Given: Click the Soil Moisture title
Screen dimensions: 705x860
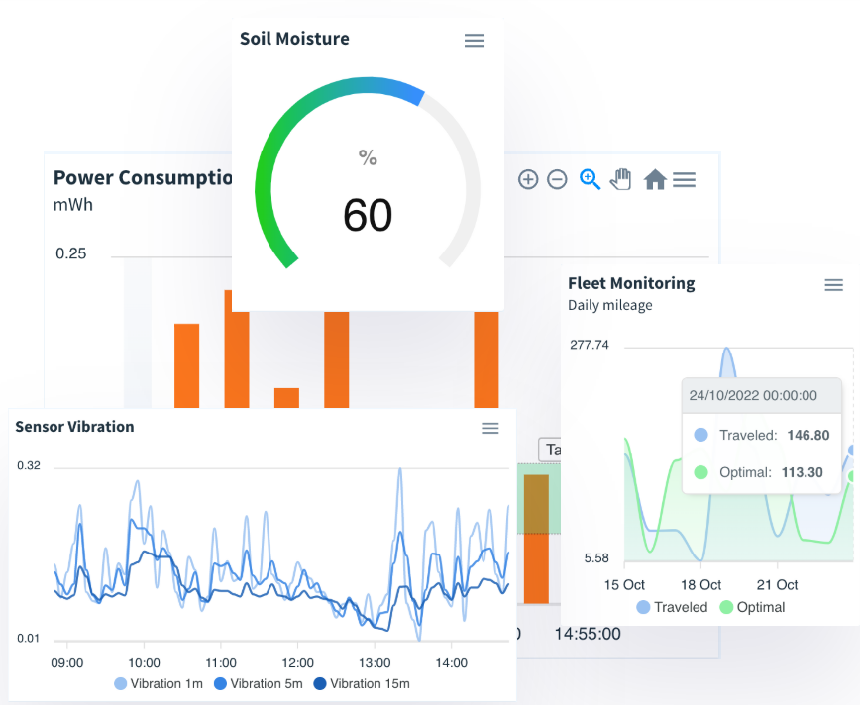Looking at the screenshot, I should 294,39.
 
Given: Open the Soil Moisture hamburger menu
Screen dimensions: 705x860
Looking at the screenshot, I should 475,40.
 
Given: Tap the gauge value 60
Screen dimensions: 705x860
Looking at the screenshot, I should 368,215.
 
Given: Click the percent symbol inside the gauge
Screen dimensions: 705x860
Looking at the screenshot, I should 368,157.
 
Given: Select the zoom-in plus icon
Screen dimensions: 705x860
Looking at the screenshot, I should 528,179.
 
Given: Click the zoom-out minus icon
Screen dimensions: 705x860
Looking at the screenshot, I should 557,179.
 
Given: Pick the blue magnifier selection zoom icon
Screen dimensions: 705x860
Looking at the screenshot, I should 590,179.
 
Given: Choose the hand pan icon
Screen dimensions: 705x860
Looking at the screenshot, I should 620,179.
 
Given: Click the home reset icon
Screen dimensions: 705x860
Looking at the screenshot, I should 654,179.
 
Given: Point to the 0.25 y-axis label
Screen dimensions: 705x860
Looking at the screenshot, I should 70,253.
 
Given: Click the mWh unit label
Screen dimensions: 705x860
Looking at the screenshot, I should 73,205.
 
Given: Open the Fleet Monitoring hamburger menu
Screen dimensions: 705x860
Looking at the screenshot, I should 833,285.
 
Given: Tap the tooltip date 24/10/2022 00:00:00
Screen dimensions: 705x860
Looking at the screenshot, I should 753,395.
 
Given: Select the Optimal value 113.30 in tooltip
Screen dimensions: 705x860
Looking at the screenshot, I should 802,472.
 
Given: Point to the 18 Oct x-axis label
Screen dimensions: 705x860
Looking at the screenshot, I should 701,584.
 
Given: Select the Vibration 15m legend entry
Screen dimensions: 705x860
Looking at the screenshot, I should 362,683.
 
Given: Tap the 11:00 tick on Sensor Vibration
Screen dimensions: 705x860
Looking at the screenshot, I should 221,662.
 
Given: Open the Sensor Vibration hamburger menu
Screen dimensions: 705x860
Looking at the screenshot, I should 489,428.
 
